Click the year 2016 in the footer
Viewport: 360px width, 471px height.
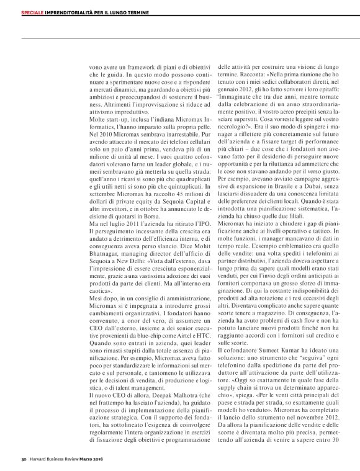coord(112,460)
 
